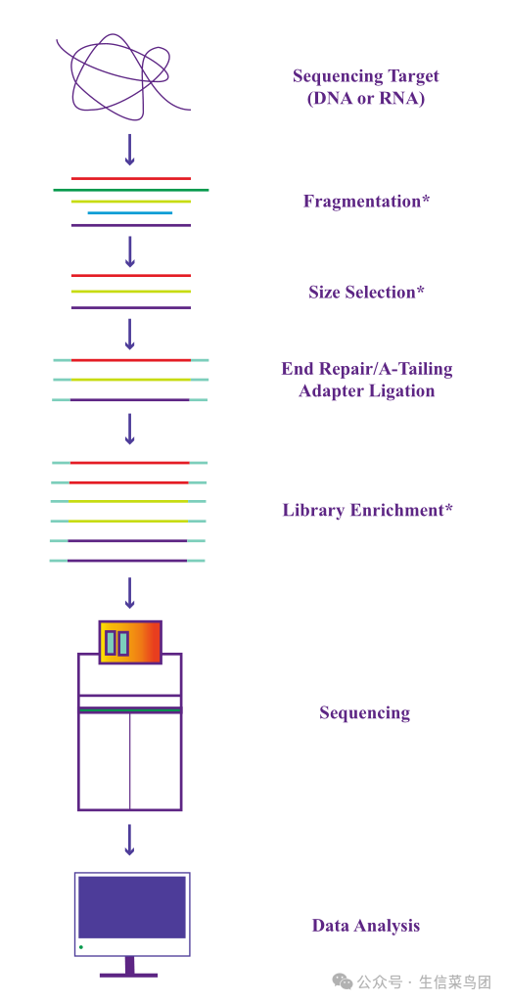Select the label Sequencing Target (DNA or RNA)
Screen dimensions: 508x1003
point(366,87)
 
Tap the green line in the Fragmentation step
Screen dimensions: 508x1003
point(130,190)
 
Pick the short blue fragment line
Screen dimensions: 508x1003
point(130,213)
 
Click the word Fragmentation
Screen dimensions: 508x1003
point(362,201)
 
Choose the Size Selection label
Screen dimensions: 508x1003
point(366,293)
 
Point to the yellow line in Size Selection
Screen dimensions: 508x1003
point(130,292)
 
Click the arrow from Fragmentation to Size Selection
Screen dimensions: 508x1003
point(130,251)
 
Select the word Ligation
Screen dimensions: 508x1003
point(401,390)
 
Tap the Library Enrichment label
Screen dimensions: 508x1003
point(368,511)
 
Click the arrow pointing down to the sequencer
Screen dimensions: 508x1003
point(130,593)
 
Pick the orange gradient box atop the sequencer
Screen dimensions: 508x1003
point(130,642)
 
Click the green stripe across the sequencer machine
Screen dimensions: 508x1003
point(130,710)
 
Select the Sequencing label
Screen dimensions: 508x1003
point(365,712)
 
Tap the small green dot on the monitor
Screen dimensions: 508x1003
point(81,946)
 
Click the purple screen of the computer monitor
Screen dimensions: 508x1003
point(132,907)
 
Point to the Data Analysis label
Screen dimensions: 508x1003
point(366,926)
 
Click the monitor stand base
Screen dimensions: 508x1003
point(129,975)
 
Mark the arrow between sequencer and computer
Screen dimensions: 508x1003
point(130,840)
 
